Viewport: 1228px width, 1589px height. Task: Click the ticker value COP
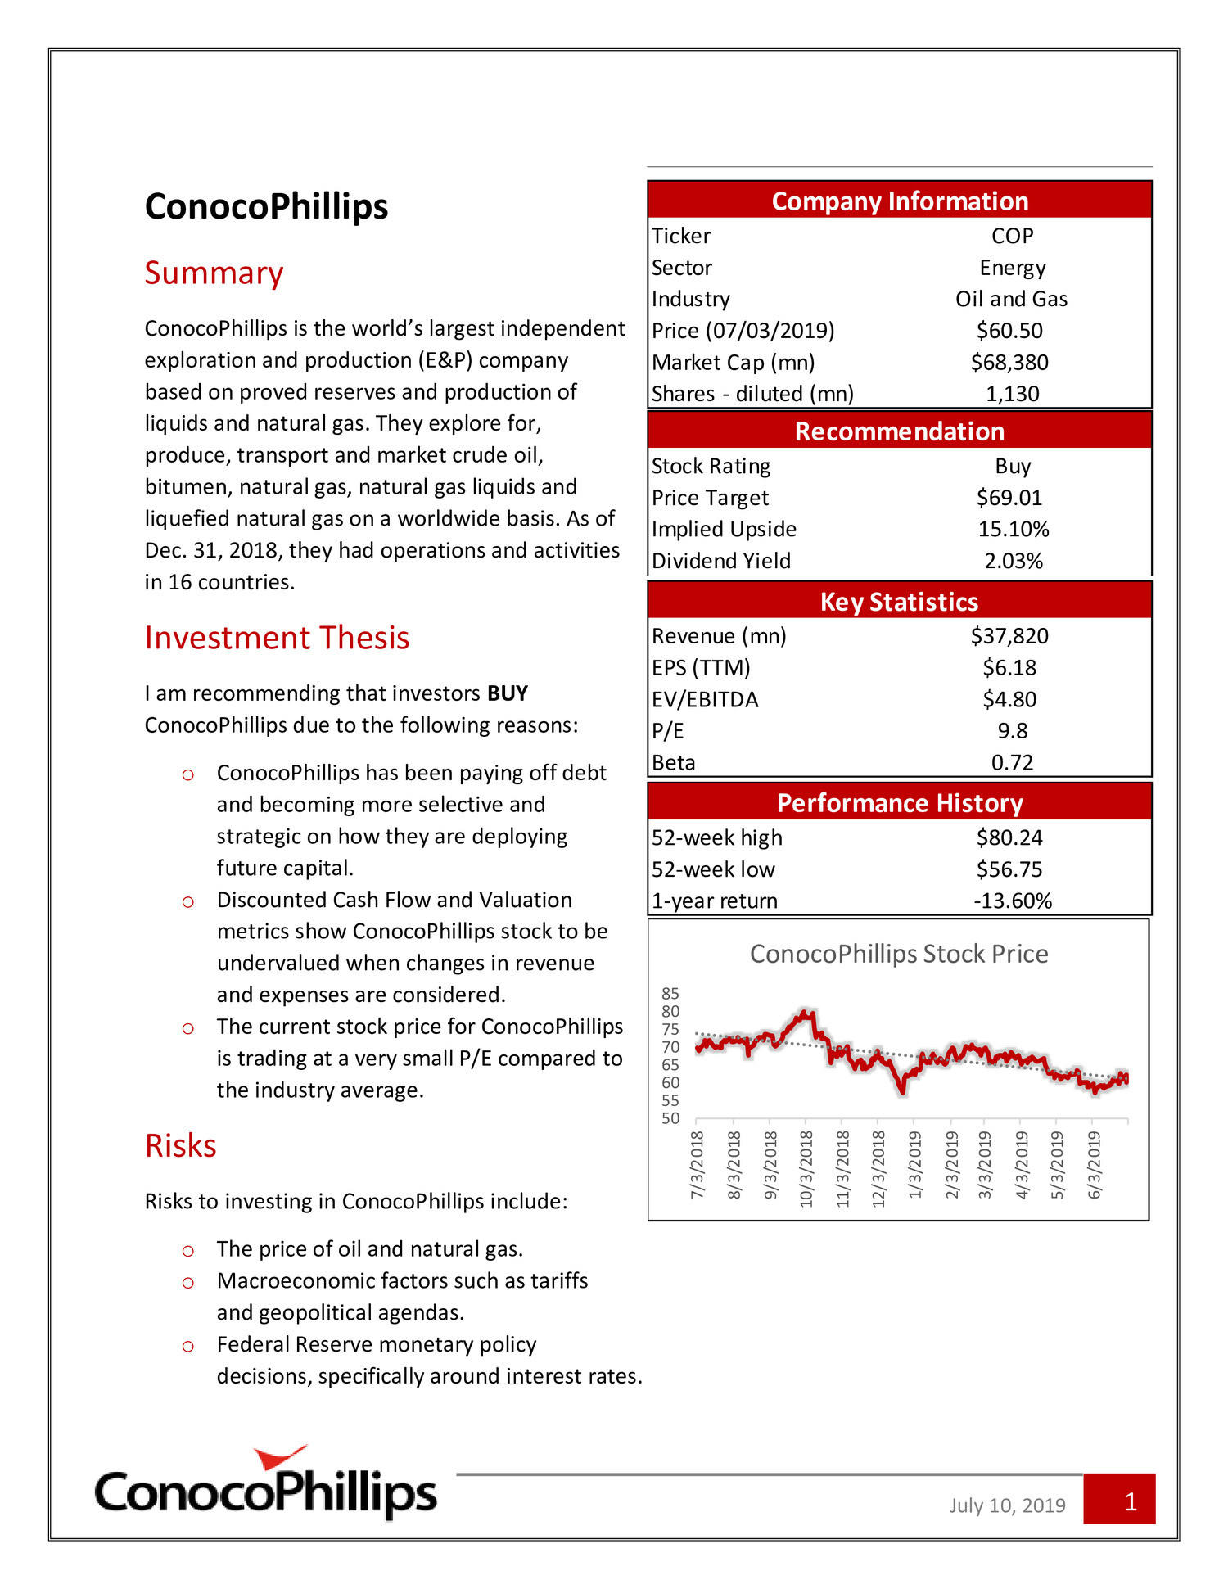click(1012, 236)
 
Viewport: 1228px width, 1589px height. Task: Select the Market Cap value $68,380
click(1009, 362)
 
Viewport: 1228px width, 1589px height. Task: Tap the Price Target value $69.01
click(1009, 498)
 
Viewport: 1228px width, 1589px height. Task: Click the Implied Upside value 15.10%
click(1014, 529)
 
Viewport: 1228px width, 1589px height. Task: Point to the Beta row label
click(673, 762)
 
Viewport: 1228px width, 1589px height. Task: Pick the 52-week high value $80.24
click(1009, 837)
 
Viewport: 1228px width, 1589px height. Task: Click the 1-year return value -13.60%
click(1013, 901)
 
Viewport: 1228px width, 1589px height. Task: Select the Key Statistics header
click(899, 602)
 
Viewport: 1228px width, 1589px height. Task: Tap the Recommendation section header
click(899, 431)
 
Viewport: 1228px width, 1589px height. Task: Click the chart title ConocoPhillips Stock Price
click(899, 954)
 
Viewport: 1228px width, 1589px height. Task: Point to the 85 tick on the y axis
click(670, 993)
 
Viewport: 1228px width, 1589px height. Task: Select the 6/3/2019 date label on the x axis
click(1095, 1165)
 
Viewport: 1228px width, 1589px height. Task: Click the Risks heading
click(180, 1145)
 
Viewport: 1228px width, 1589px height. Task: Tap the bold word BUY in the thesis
click(508, 693)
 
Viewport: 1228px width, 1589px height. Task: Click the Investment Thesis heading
click(277, 638)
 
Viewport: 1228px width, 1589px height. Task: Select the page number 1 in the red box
click(1131, 1501)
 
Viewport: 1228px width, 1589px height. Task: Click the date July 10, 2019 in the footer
click(1007, 1505)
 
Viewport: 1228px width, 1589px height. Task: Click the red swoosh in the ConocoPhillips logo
click(281, 1458)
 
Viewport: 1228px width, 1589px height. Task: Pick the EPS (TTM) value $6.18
click(1009, 667)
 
